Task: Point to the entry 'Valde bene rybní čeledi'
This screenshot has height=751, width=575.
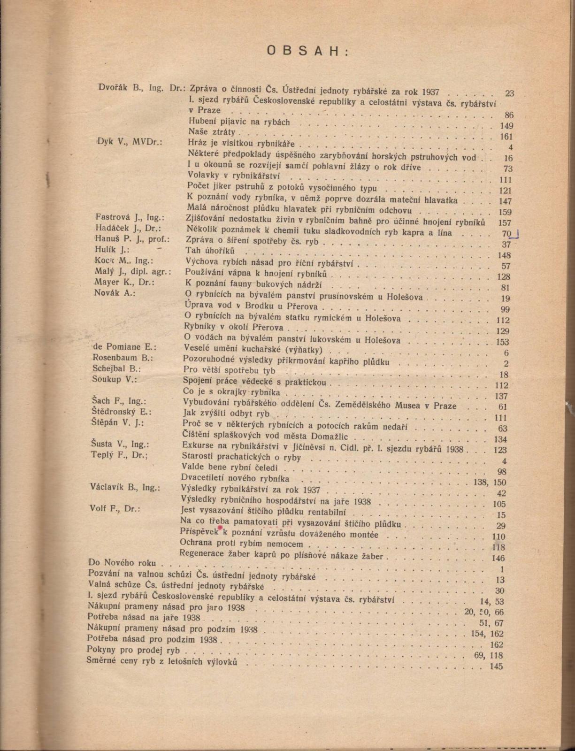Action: [x=230, y=467]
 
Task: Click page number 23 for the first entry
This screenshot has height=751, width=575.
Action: [x=509, y=93]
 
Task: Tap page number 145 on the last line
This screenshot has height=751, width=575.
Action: [x=496, y=667]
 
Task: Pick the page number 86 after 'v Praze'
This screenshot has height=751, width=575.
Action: [x=509, y=115]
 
